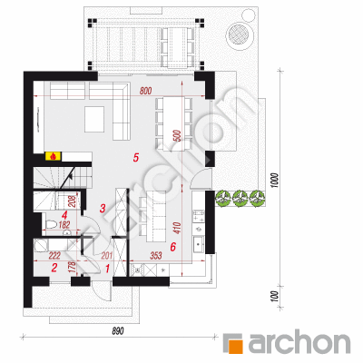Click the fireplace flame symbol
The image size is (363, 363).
click(53, 156)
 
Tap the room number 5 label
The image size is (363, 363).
click(136, 157)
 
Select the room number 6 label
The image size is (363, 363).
click(172, 247)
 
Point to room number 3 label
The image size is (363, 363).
click(103, 208)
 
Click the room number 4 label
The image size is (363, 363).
click(64, 215)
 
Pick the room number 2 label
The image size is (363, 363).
click(54, 268)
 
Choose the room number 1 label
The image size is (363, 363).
click(107, 268)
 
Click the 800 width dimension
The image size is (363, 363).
click(145, 91)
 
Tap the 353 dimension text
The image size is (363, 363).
click(156, 256)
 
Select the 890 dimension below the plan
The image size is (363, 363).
click(118, 331)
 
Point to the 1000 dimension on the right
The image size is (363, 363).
click(274, 181)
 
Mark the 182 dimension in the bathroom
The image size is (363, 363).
click(64, 225)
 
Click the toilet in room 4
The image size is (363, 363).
click(51, 225)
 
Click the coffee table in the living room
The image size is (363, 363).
click(94, 119)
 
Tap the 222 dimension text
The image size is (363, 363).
click(54, 256)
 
